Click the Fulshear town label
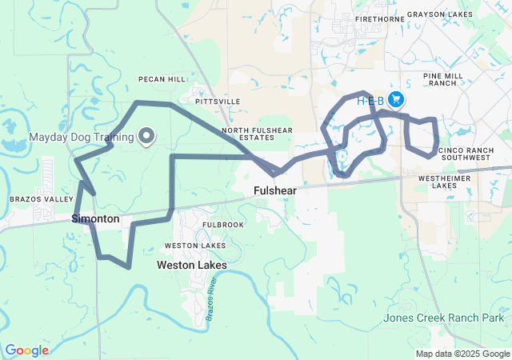coord(275,191)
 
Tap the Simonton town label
coord(95,218)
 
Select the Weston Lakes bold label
coord(191,265)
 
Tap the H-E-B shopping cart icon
coord(396,99)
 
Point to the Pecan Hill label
coord(162,79)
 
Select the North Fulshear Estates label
coord(258,134)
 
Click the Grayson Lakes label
coord(442,14)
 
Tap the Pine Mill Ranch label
coord(442,78)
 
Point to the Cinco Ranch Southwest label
coord(465,153)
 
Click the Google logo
coord(26,350)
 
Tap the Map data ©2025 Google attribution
coord(462,354)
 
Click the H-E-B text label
coord(370,100)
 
